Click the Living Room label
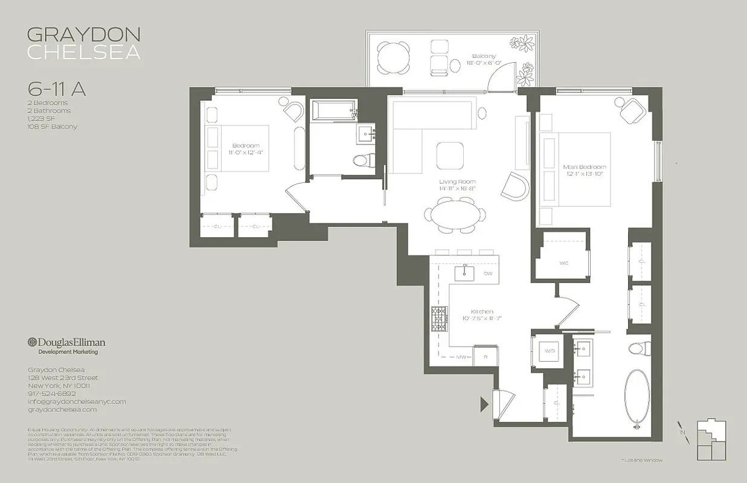(x=457, y=181)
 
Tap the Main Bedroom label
(x=584, y=167)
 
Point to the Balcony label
(x=481, y=56)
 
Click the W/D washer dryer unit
(x=548, y=350)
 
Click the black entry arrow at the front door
(x=484, y=404)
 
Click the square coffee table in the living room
(x=450, y=156)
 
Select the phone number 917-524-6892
(x=52, y=393)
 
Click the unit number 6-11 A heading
(x=57, y=89)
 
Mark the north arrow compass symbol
(x=682, y=432)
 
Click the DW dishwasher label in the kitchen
(x=488, y=273)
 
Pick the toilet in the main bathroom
(x=638, y=348)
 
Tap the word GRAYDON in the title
(x=83, y=34)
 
